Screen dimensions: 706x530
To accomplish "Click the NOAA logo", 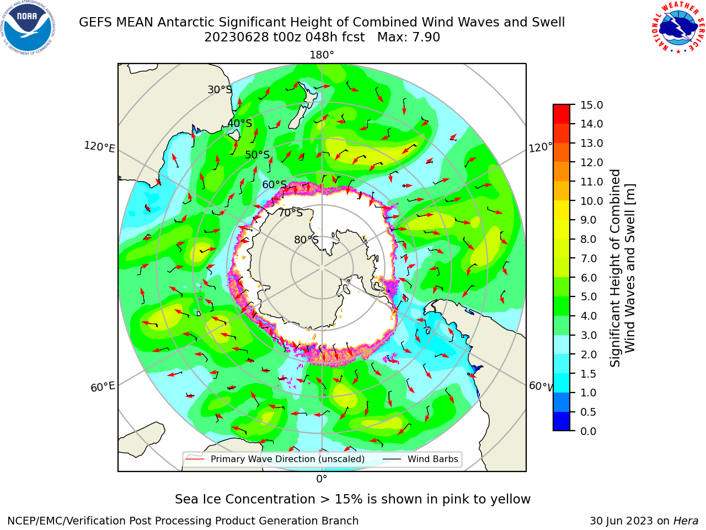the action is coord(28,28).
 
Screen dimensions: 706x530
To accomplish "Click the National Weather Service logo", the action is coord(678,28).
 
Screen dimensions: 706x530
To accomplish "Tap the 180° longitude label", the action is coord(322,55).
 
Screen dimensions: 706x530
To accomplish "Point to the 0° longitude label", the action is coord(322,479).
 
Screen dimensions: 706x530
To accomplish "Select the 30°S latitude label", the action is coord(220,89).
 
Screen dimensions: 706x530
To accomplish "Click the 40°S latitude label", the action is coord(240,123).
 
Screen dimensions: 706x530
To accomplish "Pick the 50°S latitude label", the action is coord(258,155).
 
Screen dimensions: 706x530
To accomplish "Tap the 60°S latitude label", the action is coord(274,184).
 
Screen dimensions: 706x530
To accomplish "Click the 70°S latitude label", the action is coord(291,213).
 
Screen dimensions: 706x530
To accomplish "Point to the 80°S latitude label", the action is coord(306,240).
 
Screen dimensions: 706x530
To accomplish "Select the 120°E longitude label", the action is coord(99,147).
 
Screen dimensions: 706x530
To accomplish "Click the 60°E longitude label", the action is coord(103,387).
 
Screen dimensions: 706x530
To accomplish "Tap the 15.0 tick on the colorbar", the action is coord(591,105).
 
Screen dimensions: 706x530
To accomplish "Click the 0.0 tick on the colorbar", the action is coord(589,431).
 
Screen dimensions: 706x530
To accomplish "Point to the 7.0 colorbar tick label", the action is coord(589,258).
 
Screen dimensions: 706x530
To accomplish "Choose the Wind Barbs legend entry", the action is coord(421,459).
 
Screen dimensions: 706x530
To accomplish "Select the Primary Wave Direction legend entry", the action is coord(275,459).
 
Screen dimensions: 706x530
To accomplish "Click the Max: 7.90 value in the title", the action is coord(409,38).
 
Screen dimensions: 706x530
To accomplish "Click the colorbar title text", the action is coord(622,268).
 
